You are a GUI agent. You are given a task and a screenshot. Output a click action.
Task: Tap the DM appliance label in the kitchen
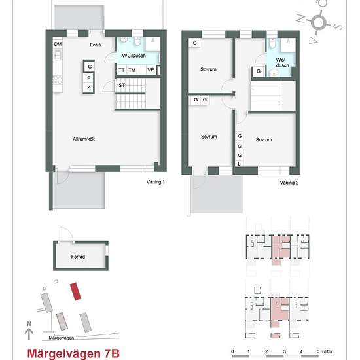(58, 44)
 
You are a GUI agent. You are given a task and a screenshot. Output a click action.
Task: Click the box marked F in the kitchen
(90, 77)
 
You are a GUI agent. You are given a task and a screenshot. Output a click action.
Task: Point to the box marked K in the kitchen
(90, 88)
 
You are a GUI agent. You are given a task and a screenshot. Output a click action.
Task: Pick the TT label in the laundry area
(122, 70)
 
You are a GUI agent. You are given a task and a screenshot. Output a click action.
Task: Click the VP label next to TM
(151, 70)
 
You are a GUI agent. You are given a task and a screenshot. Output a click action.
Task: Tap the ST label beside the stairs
(122, 85)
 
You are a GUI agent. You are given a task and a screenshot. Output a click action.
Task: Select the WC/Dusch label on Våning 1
(134, 56)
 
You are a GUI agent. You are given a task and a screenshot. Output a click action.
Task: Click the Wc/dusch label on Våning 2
(281, 63)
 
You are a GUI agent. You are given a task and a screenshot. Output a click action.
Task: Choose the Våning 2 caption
(289, 183)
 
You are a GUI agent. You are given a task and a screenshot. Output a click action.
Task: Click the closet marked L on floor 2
(240, 164)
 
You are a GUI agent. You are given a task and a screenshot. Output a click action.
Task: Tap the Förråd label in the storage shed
(79, 257)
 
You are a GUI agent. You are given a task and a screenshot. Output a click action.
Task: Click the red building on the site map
(77, 290)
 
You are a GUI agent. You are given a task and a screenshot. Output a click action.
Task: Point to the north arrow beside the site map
(28, 331)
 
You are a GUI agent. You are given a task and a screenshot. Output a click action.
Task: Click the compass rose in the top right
(319, 22)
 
